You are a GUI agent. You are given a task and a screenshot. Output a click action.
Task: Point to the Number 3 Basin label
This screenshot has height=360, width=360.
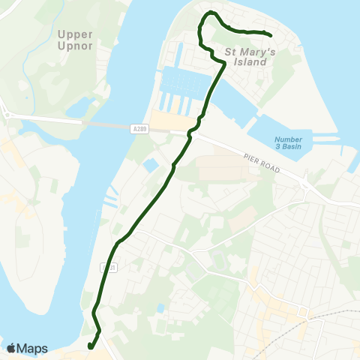(x=287, y=143)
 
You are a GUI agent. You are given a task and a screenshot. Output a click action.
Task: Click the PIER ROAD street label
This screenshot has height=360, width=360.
(x=260, y=159)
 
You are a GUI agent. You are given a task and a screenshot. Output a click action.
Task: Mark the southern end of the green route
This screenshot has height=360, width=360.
(x=89, y=346)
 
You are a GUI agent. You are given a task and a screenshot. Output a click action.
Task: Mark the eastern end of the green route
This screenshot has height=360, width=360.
(x=269, y=33)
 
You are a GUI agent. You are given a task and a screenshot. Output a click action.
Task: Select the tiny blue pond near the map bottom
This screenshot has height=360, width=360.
(x=160, y=308)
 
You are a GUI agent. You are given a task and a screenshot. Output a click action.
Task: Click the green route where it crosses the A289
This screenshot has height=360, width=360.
(x=191, y=132)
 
